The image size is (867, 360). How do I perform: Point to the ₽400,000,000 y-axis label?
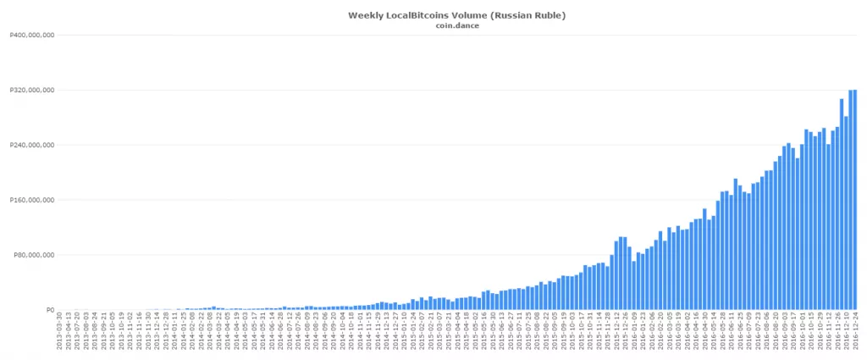coord(30,36)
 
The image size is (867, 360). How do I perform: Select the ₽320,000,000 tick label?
coord(30,90)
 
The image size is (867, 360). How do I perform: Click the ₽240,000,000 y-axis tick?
coord(30,145)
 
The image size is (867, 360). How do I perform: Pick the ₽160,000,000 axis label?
coord(30,200)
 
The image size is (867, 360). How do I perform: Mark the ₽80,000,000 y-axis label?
coord(32,255)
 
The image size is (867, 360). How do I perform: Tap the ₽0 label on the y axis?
coord(49,310)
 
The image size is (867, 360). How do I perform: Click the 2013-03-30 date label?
coord(58,335)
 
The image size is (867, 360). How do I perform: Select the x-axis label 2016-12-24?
coord(856,335)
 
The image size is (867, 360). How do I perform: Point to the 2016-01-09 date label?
coord(633,335)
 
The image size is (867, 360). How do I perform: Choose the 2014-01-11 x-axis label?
coord(174,335)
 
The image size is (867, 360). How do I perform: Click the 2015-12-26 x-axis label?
coord(625,335)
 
